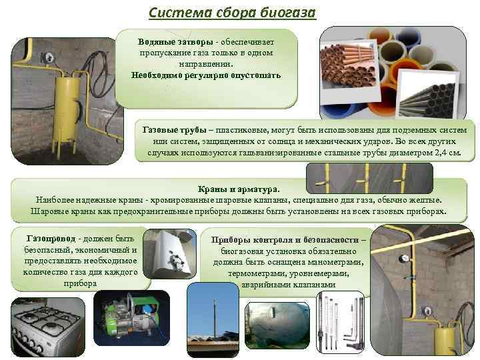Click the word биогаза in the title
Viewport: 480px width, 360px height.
point(288,13)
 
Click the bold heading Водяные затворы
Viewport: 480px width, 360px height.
point(175,41)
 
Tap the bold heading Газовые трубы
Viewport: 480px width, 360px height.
point(175,130)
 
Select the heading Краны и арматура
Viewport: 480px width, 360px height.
point(239,189)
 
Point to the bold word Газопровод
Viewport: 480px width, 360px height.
point(51,239)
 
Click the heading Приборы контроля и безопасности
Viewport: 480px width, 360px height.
point(285,240)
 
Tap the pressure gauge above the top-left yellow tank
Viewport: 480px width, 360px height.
point(47,57)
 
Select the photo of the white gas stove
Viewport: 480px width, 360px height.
point(48,327)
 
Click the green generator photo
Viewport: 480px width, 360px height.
point(131,318)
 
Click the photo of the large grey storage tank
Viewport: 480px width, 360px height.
point(277,325)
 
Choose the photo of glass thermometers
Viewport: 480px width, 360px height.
point(341,322)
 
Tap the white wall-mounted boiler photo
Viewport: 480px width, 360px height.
point(170,254)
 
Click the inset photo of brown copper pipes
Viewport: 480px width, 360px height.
point(349,71)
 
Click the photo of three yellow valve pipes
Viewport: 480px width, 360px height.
point(369,178)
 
